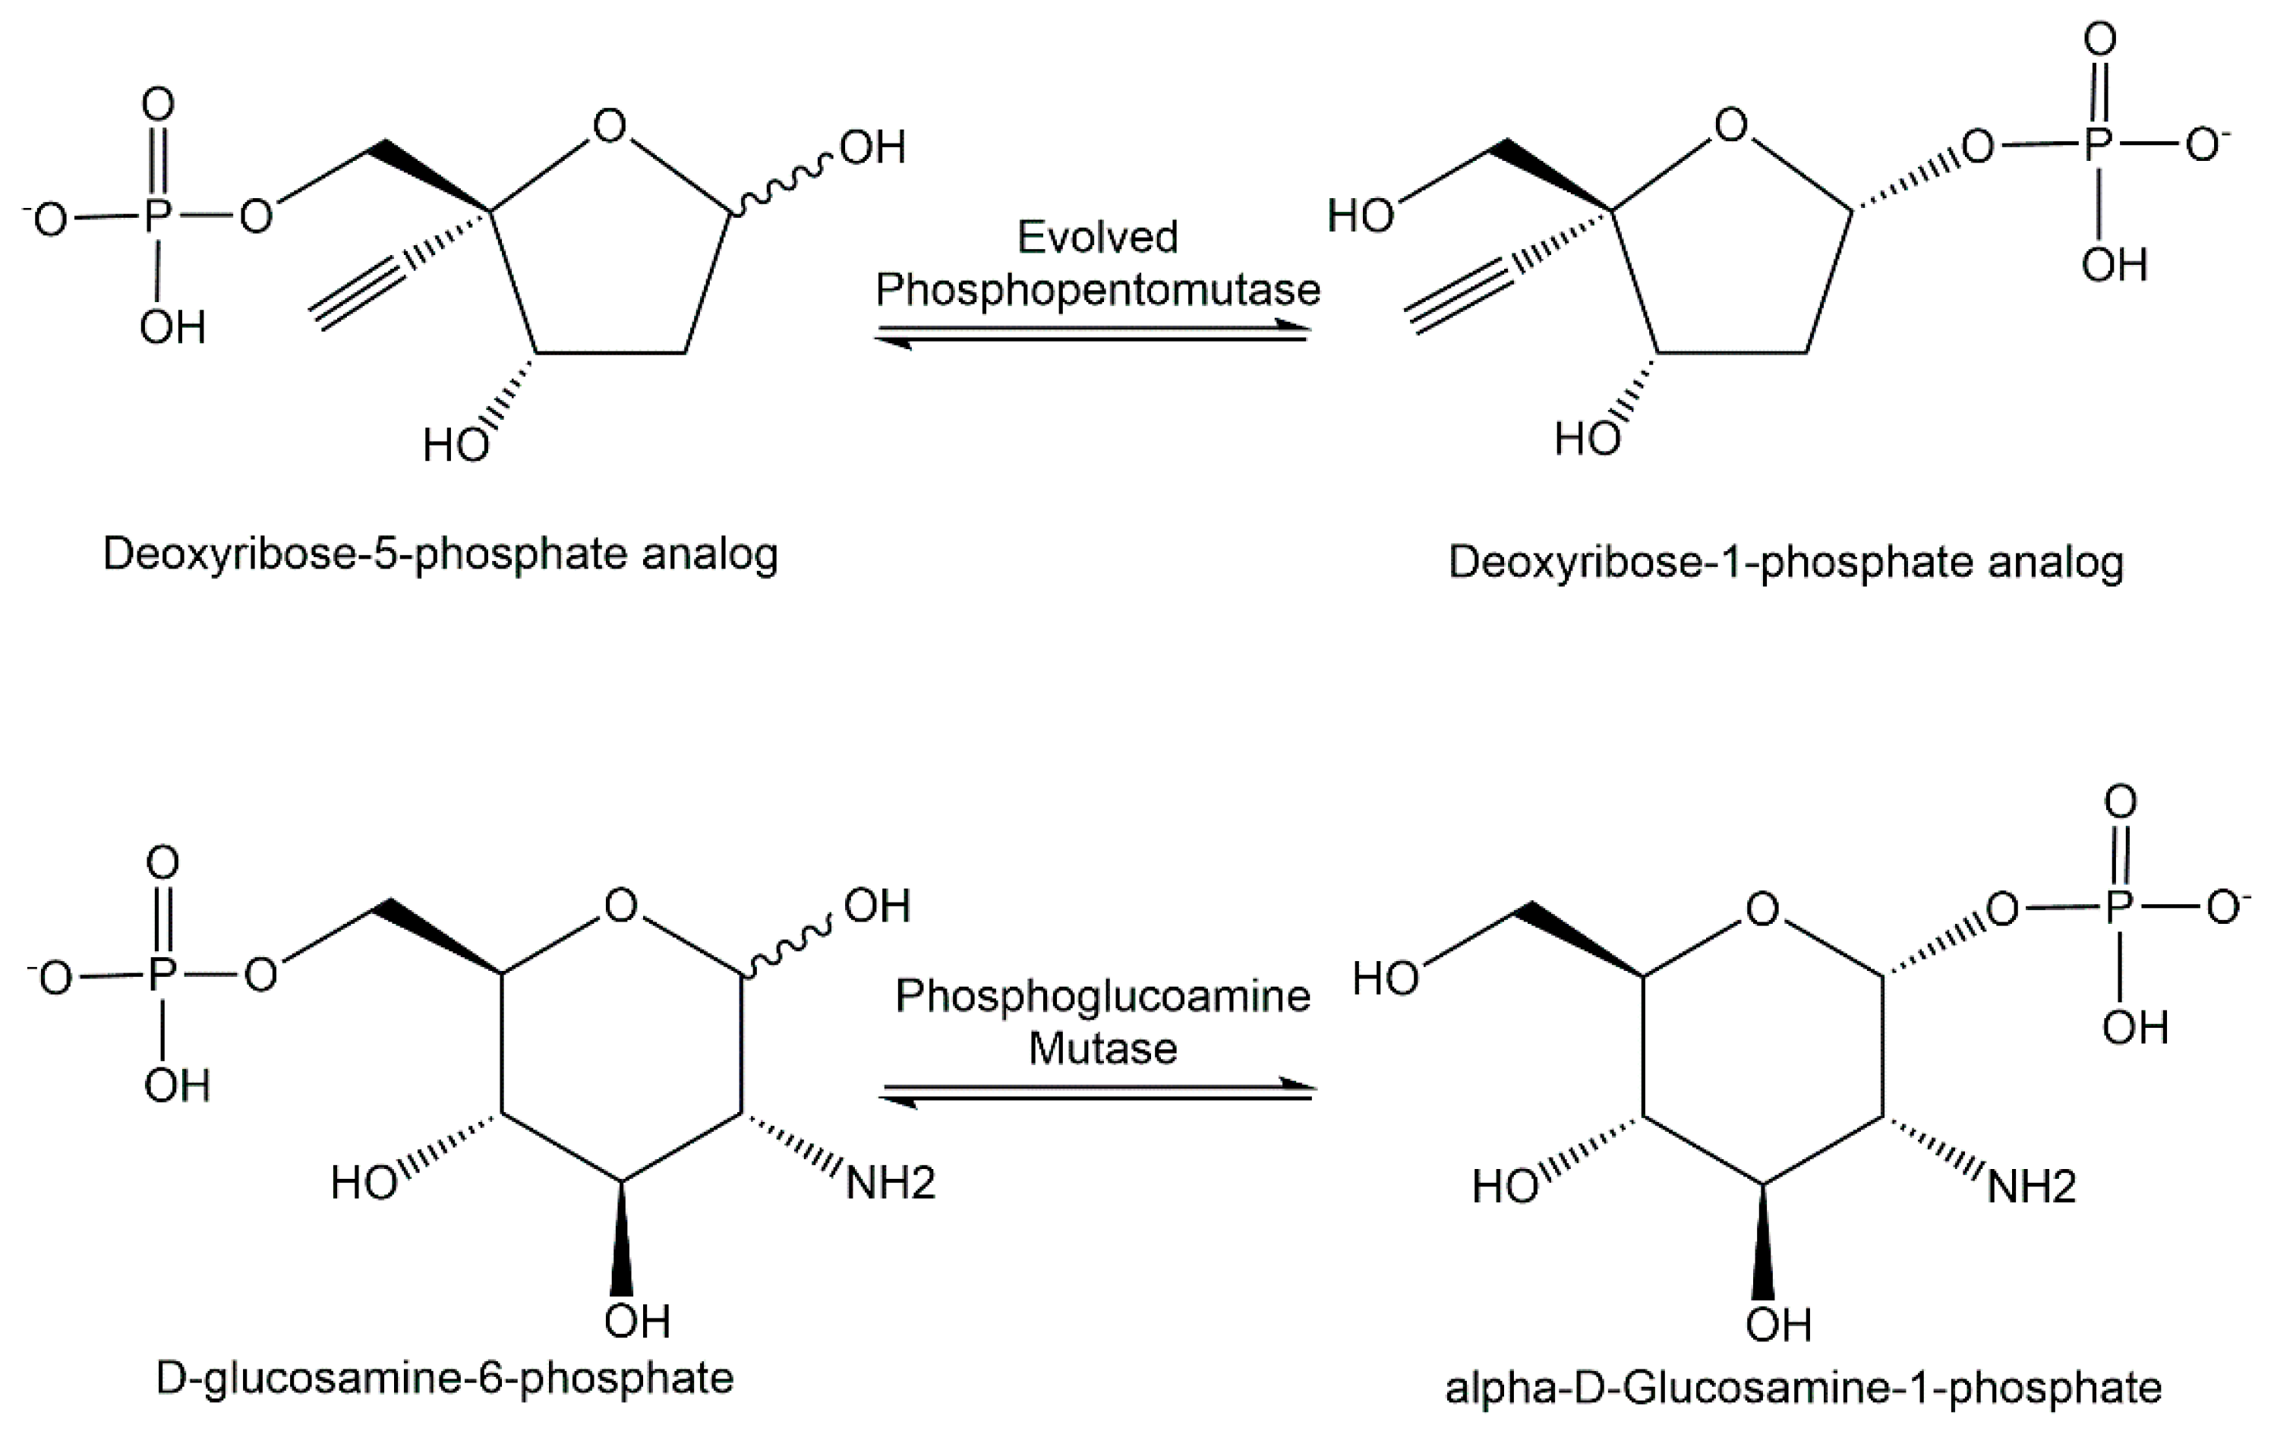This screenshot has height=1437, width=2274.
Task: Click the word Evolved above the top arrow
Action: (x=1097, y=237)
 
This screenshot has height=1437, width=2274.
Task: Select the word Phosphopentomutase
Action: (x=1097, y=290)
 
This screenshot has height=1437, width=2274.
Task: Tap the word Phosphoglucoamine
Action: (x=1102, y=996)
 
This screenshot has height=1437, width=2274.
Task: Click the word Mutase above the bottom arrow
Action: (x=1102, y=1049)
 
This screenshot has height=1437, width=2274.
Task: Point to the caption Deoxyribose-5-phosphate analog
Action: (x=440, y=554)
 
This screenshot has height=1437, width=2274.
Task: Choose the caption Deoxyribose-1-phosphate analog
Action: (x=1786, y=562)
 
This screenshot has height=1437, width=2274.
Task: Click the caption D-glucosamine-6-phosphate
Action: (x=444, y=1379)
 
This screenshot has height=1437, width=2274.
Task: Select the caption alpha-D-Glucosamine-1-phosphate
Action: (x=1802, y=1387)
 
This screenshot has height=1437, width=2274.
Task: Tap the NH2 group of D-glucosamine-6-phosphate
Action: (x=890, y=1183)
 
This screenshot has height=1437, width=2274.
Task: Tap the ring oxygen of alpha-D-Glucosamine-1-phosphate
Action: (x=1762, y=910)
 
